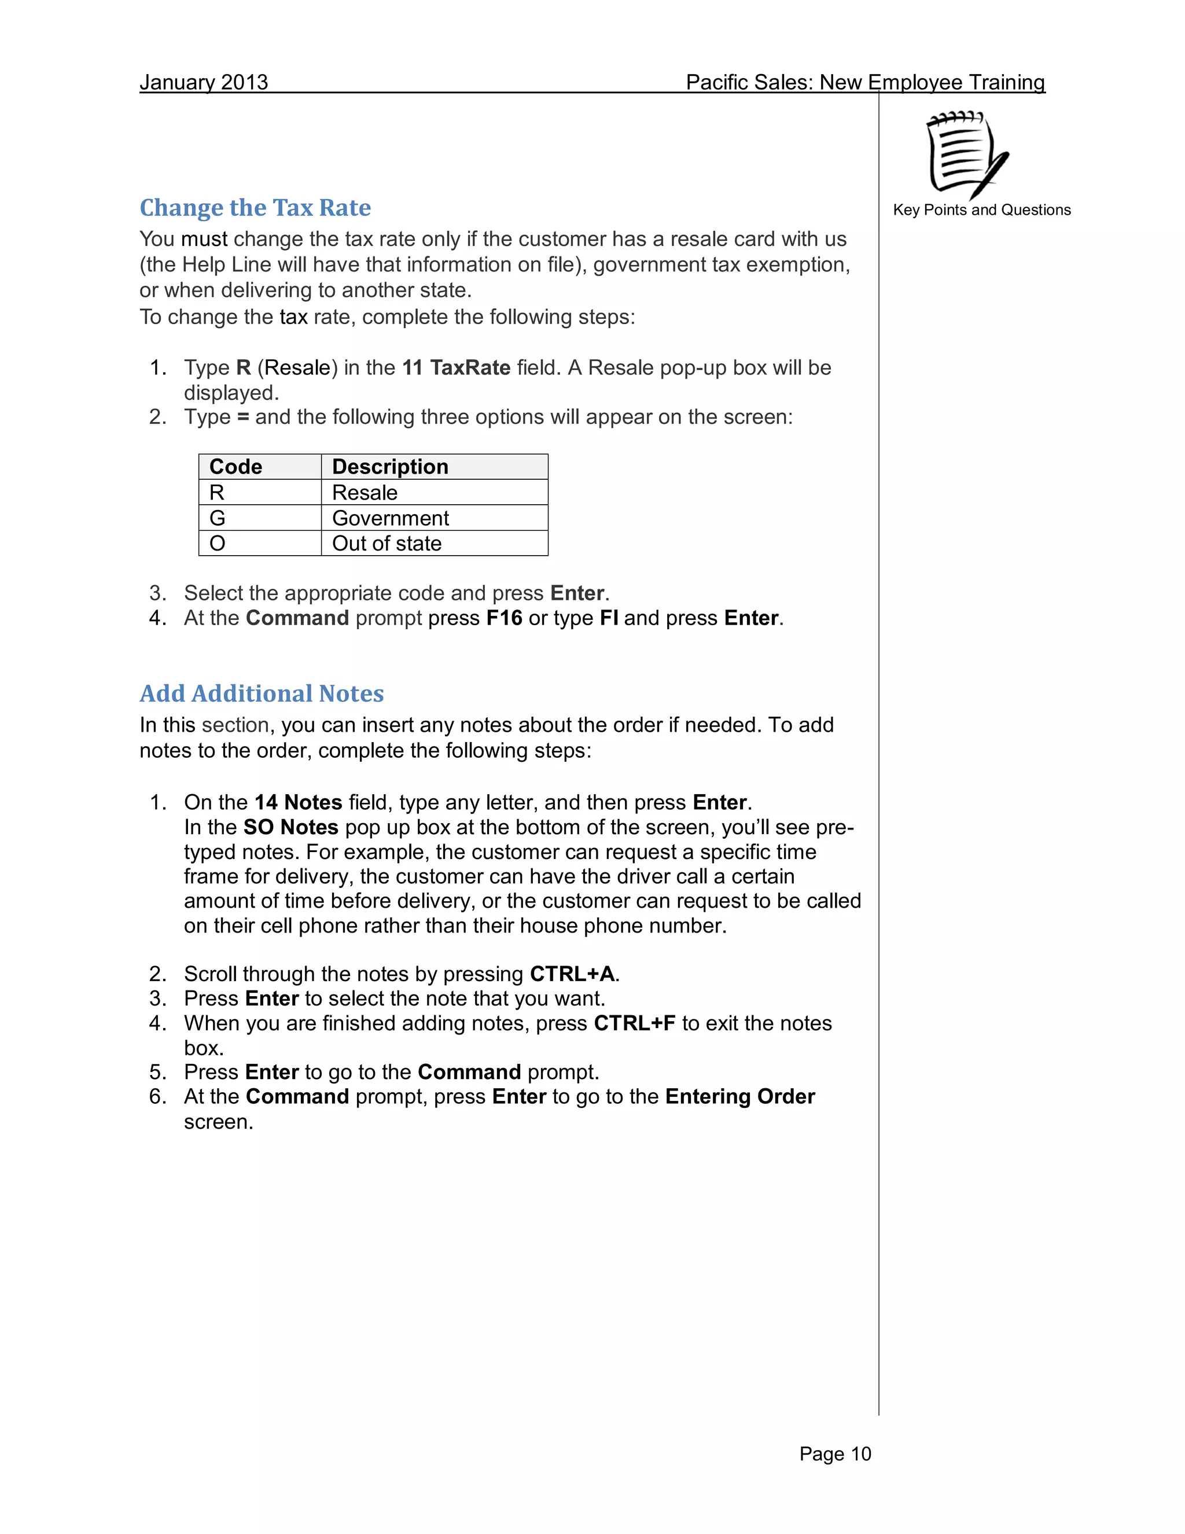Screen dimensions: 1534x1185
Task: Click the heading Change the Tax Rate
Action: pos(255,208)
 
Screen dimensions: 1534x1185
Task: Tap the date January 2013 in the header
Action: pos(204,82)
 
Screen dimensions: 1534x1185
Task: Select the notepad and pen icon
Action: pos(967,155)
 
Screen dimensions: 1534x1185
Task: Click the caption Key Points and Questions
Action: pos(981,210)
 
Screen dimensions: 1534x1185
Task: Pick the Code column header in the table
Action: pos(236,467)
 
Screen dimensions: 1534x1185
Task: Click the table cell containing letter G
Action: pos(218,518)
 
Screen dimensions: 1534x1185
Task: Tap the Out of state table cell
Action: pos(387,544)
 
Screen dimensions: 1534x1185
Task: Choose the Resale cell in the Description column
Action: pos(365,493)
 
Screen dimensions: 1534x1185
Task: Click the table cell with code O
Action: pos(218,544)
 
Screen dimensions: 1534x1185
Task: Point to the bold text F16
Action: pos(504,618)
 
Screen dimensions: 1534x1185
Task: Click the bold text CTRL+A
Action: pos(572,974)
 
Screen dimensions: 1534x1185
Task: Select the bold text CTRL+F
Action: pos(634,1023)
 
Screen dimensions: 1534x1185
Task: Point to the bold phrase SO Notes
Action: pos(290,827)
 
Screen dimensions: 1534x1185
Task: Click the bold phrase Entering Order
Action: pos(740,1097)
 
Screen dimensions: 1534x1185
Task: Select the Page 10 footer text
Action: pos(835,1454)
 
